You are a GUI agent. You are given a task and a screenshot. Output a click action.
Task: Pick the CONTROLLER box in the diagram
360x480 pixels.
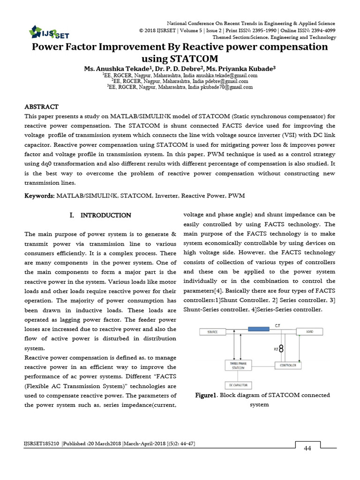click(287, 365)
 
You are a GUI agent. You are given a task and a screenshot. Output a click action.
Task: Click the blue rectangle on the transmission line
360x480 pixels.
click(262, 329)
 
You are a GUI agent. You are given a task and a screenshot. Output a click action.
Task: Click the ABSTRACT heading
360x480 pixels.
click(42, 107)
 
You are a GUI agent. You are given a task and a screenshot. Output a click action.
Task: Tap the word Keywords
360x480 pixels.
click(39, 195)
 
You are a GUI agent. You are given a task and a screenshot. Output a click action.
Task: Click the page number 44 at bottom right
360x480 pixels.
click(307, 449)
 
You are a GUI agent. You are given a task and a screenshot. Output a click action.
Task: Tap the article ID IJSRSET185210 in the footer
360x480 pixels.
click(41, 443)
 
